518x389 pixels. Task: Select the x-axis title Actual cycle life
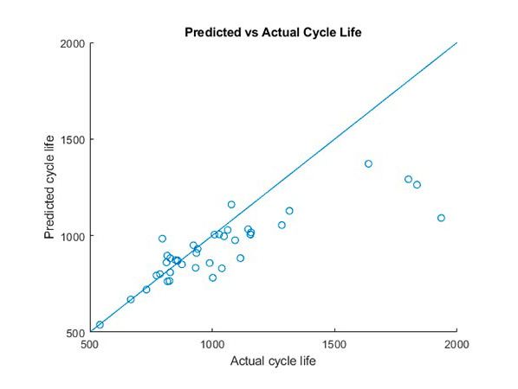[x=273, y=361]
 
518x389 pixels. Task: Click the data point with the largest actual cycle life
[x=441, y=218]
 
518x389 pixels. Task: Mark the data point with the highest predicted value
[x=368, y=163]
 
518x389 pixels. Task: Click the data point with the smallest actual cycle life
[x=100, y=325]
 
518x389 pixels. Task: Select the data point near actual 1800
[x=409, y=179]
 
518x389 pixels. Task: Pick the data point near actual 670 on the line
[x=131, y=299]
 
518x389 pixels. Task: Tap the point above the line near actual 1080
[x=231, y=204]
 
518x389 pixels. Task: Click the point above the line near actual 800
[x=162, y=239]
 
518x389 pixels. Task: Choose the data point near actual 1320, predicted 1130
[x=289, y=210]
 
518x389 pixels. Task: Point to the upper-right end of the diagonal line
[x=456, y=43]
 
